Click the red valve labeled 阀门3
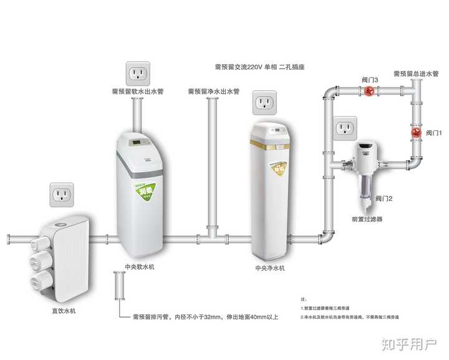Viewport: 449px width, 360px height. (x=369, y=91)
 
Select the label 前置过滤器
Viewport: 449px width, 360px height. (x=367, y=220)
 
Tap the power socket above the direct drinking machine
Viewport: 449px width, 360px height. (x=62, y=195)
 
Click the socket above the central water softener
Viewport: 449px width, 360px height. (x=138, y=74)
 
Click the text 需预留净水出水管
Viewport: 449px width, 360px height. (x=213, y=92)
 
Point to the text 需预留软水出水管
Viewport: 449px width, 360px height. (x=137, y=92)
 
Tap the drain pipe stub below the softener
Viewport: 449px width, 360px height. (x=118, y=289)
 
